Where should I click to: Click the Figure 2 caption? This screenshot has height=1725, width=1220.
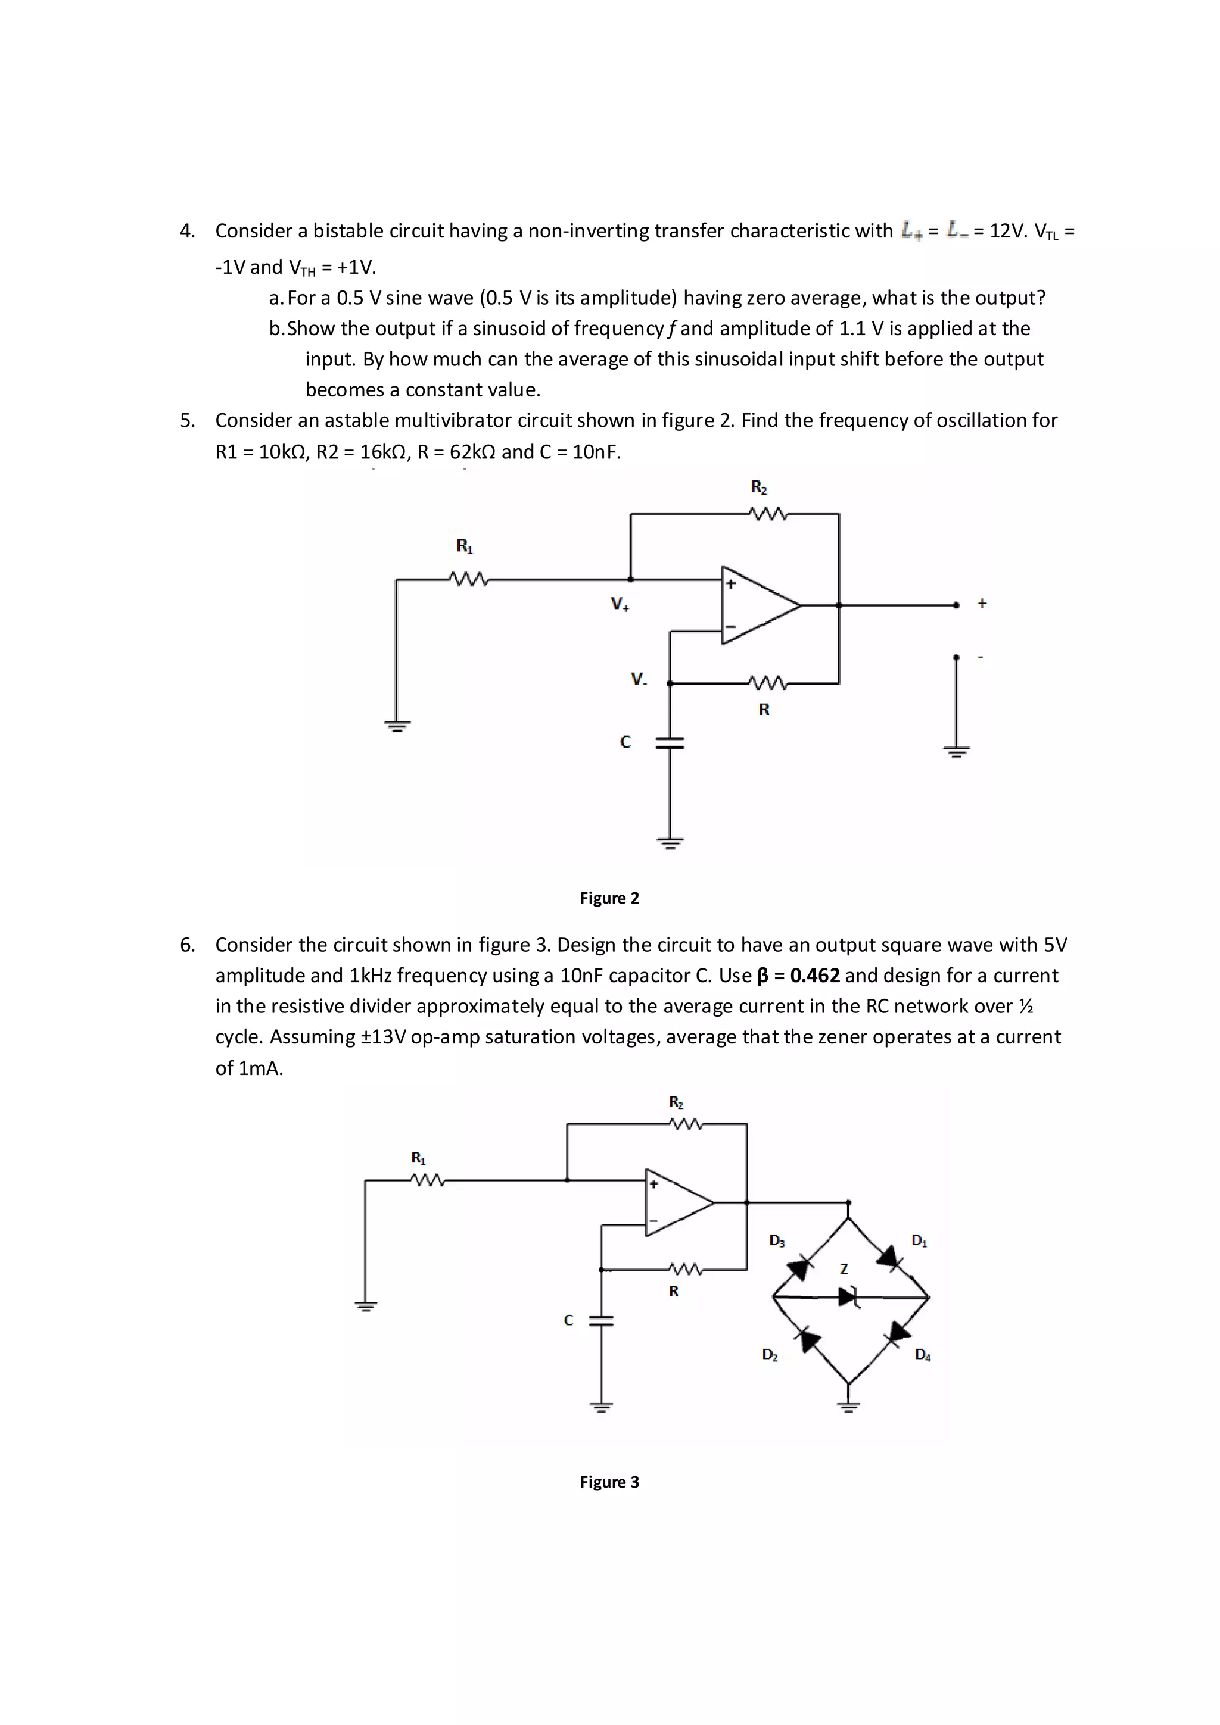coord(609,898)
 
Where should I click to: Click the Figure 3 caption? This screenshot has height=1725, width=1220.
coord(609,1482)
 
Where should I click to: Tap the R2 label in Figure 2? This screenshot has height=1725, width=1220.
coord(758,487)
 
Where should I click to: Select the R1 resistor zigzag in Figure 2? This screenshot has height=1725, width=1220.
coord(469,579)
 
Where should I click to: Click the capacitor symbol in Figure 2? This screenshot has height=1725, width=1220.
coord(670,742)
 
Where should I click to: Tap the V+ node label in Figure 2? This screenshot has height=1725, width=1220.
coord(620,604)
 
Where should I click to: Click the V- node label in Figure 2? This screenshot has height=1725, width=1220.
coord(638,679)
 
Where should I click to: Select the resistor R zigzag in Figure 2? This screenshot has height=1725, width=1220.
coord(767,683)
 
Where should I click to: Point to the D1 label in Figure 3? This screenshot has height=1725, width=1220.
coord(919,1240)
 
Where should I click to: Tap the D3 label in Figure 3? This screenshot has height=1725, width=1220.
coord(777,1240)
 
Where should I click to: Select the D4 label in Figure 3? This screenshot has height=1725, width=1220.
coord(922,1355)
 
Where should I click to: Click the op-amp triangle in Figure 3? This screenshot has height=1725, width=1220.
coord(677,1202)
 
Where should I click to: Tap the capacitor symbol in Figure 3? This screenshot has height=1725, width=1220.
coord(601,1321)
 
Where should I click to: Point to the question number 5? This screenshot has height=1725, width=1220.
coord(187,420)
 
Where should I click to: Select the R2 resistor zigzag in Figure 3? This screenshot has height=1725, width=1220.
coord(685,1124)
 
